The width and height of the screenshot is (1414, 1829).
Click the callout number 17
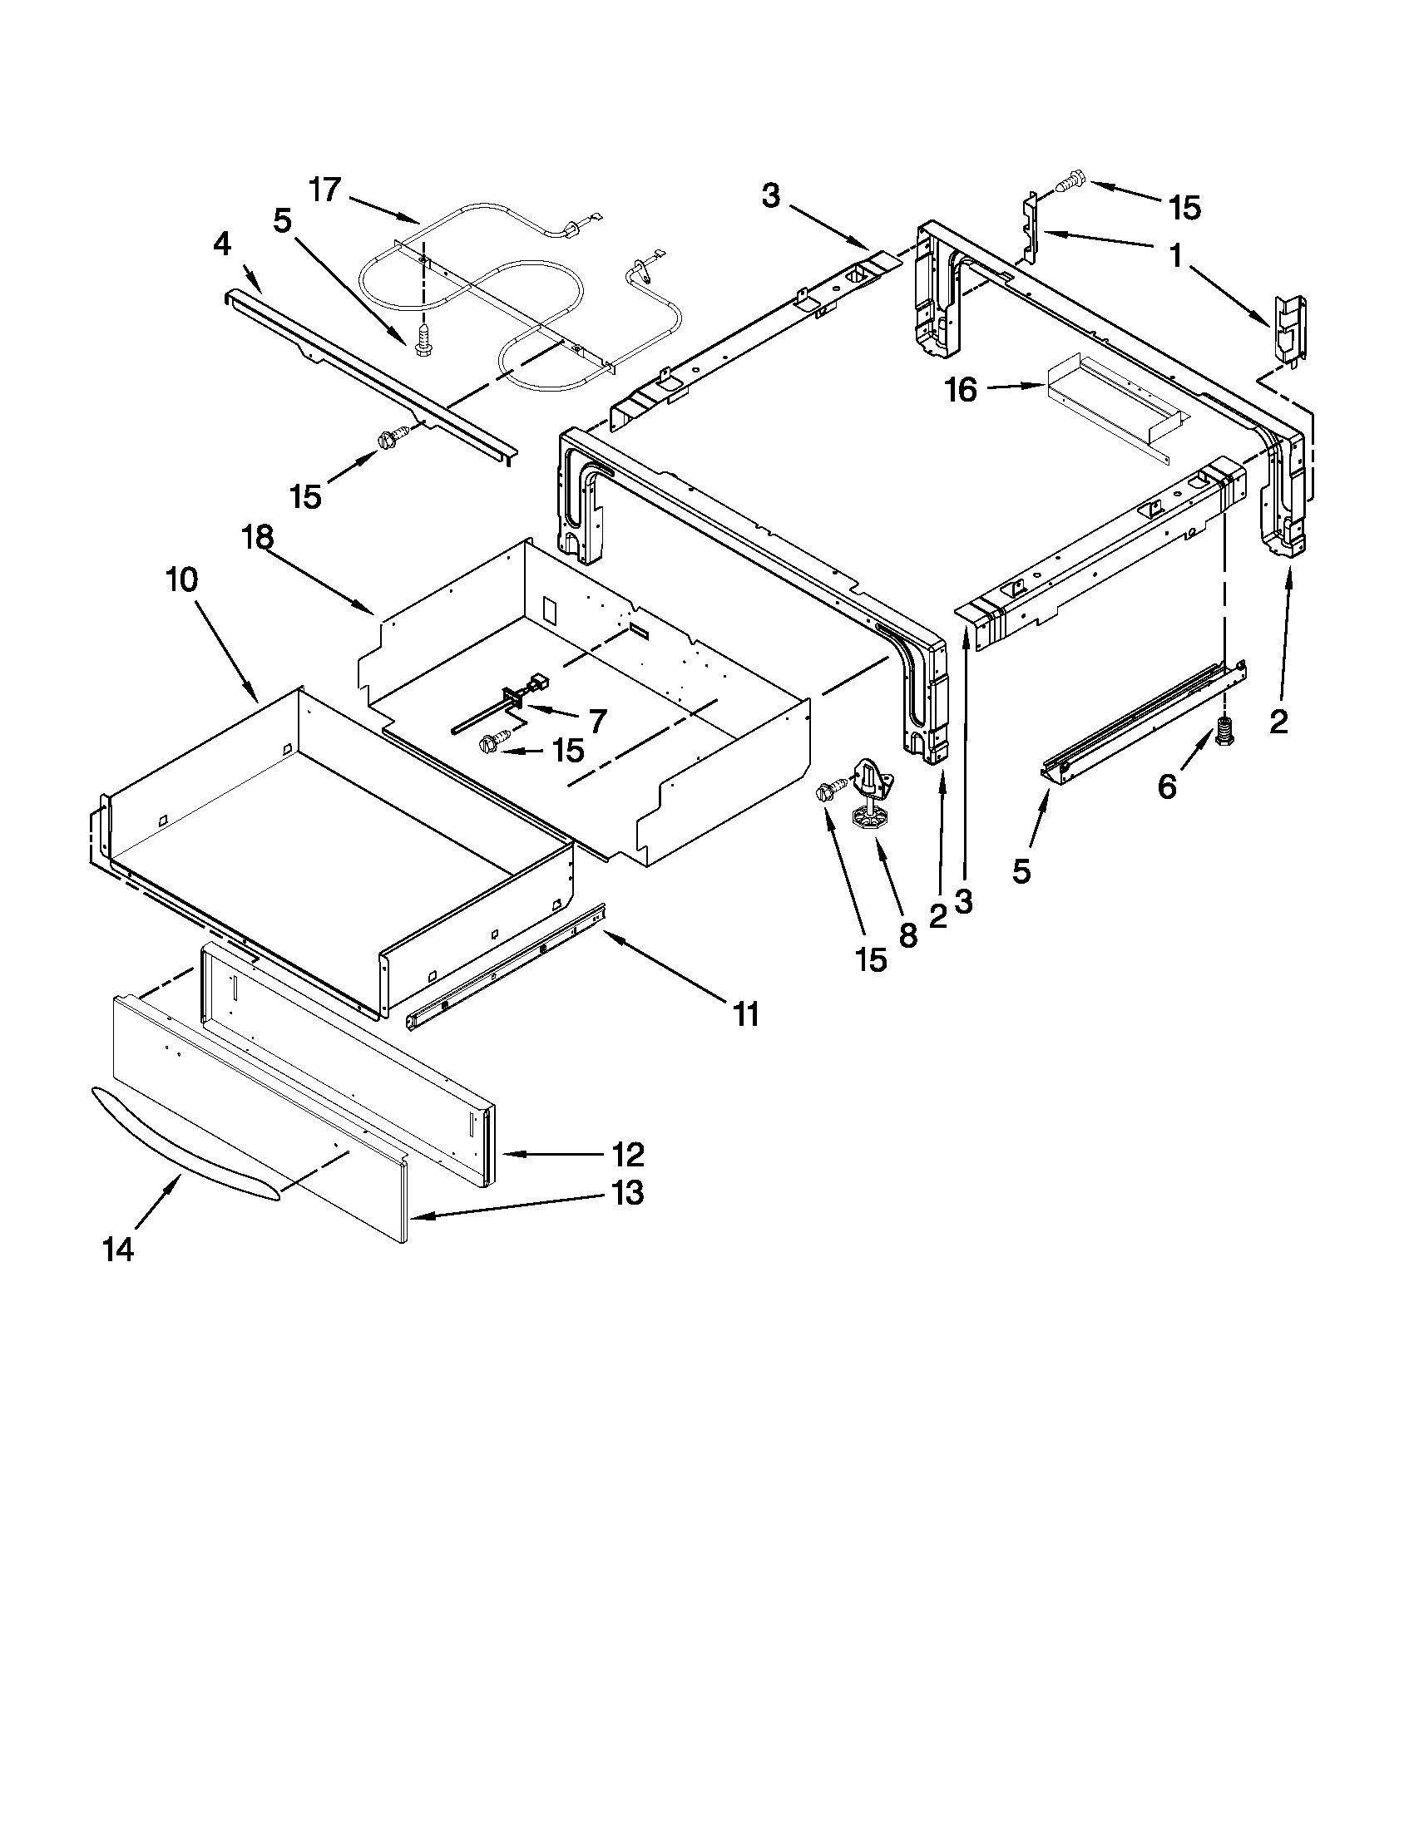(324, 190)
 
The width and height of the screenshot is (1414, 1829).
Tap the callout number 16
(962, 390)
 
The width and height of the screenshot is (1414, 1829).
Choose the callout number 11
(745, 1014)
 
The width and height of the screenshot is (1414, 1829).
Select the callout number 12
(628, 1155)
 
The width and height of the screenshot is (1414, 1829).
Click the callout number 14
(118, 1250)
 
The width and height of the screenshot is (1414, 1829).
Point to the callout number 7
(597, 720)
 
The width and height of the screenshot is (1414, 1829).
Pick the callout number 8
(908, 935)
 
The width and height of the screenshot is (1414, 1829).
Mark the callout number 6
(1167, 786)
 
